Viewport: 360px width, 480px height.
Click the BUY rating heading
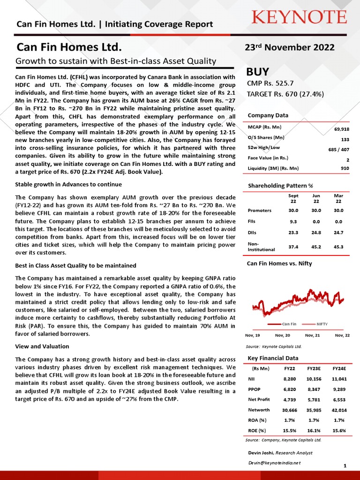258,72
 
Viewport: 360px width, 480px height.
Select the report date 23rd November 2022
290,47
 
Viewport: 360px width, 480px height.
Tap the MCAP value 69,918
341,129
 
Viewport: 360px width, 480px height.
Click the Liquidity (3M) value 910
345,168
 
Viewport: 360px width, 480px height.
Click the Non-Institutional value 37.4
293,247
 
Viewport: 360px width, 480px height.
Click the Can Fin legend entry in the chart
289,324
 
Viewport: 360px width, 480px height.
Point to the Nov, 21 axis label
312,336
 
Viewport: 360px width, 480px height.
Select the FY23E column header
314,369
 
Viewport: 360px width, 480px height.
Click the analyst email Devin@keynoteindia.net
274,462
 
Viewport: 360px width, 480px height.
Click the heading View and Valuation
42,346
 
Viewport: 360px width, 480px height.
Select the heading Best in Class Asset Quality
75,266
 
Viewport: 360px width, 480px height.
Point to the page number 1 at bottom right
345,465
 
